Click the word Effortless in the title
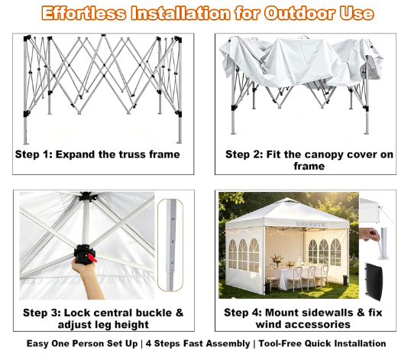tap(84, 13)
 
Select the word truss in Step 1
tap(132, 154)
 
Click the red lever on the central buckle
tap(92, 258)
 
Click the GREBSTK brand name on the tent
tap(311, 224)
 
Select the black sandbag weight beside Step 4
tap(374, 281)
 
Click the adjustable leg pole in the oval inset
tap(170, 245)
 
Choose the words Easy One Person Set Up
tap(82, 343)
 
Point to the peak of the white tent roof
tap(288, 199)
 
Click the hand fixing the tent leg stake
tap(369, 234)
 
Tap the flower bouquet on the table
tap(277, 260)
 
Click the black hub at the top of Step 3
tap(86, 196)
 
